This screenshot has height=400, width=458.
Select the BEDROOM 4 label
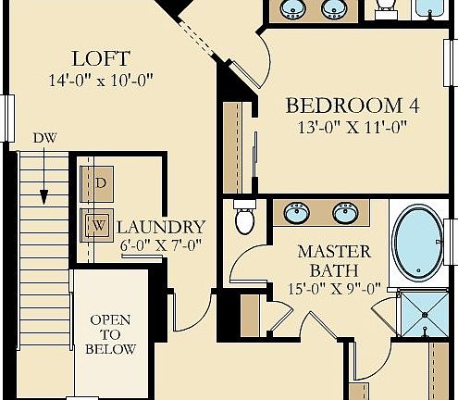tap(352, 105)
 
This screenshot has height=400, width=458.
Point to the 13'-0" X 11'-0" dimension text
tap(353, 128)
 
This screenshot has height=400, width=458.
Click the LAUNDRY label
tap(161, 227)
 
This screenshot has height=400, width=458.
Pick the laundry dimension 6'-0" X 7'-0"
tap(161, 246)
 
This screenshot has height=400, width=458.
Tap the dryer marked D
tap(100, 182)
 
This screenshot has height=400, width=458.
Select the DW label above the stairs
tap(44, 138)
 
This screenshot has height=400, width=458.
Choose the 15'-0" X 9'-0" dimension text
tap(334, 288)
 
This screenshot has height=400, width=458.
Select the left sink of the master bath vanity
tap(297, 214)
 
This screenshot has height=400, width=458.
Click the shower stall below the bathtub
tap(422, 315)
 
